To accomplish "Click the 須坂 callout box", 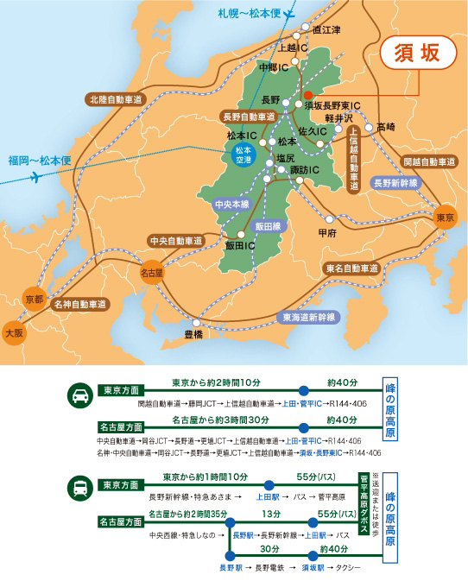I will (x=419, y=53).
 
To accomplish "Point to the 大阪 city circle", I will (x=15, y=331).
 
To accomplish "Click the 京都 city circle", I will (x=34, y=296).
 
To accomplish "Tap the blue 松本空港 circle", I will (x=244, y=155).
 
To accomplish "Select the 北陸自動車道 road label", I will (x=119, y=99).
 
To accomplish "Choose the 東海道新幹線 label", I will (x=308, y=318).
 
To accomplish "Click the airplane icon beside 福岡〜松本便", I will (x=36, y=177).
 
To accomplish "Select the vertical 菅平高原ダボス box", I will (x=364, y=499).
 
